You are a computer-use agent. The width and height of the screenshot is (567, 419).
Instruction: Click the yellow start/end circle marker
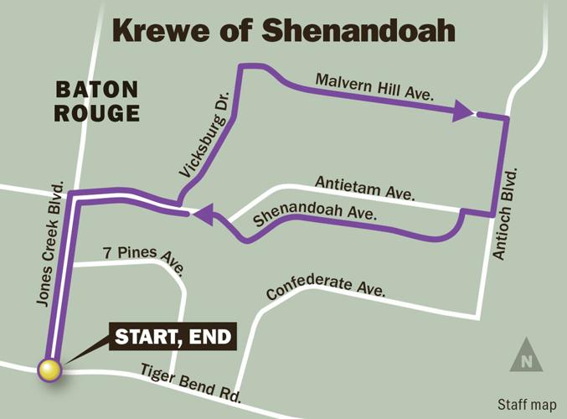pyautogui.click(x=50, y=369)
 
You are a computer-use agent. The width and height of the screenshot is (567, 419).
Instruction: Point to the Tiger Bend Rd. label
pyautogui.click(x=191, y=381)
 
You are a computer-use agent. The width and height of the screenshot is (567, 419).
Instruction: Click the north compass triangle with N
pyautogui.click(x=524, y=356)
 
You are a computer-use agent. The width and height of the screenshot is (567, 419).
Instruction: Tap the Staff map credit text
pyautogui.click(x=525, y=402)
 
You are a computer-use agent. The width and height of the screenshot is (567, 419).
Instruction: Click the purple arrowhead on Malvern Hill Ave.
pyautogui.click(x=463, y=111)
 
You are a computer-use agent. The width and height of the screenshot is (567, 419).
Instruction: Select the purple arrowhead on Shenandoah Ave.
pyautogui.click(x=202, y=216)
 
